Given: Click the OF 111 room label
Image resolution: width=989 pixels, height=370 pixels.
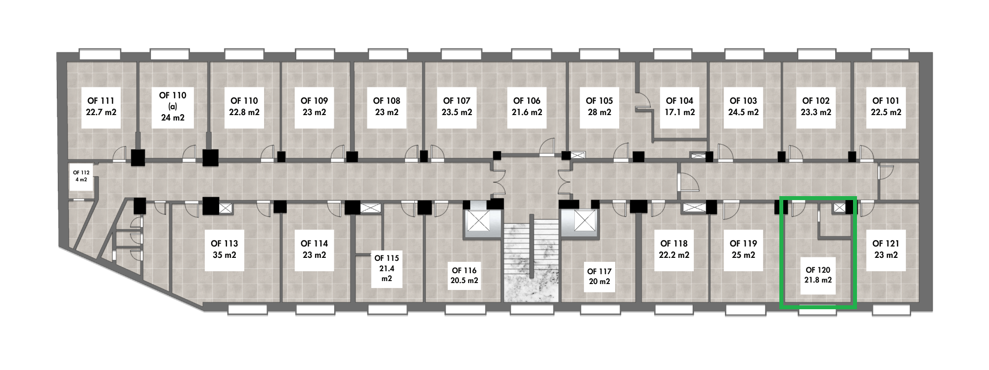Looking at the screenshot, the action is [101, 106].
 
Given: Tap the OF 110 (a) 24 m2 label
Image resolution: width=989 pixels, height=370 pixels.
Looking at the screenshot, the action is [173, 106].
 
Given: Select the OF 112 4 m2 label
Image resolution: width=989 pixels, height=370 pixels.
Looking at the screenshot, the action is [82, 175].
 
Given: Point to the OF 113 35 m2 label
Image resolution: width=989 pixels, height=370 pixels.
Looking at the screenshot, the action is [224, 249].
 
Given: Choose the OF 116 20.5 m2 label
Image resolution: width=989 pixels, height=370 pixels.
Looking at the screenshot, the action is [464, 275].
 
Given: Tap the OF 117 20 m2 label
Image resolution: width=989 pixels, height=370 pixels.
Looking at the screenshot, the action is [599, 276].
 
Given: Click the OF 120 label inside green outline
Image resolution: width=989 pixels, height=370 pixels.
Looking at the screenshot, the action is [818, 275].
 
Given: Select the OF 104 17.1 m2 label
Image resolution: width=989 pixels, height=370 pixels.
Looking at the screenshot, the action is [679, 106].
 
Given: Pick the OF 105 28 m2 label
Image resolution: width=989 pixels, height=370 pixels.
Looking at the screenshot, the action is [599, 106].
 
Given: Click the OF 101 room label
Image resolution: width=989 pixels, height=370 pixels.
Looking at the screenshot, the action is [886, 106].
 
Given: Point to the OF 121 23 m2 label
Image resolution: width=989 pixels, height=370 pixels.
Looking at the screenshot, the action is [886, 249].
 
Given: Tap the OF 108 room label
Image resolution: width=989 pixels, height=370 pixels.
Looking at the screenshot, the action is [387, 106].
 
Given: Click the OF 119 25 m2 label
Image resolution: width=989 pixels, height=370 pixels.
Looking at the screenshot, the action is [743, 249].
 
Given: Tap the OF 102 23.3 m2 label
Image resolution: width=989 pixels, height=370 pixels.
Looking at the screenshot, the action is [816, 106].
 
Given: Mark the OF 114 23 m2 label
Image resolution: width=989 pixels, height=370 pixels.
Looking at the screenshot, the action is [314, 249].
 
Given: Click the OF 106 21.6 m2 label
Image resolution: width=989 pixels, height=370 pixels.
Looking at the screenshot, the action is [527, 106].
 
